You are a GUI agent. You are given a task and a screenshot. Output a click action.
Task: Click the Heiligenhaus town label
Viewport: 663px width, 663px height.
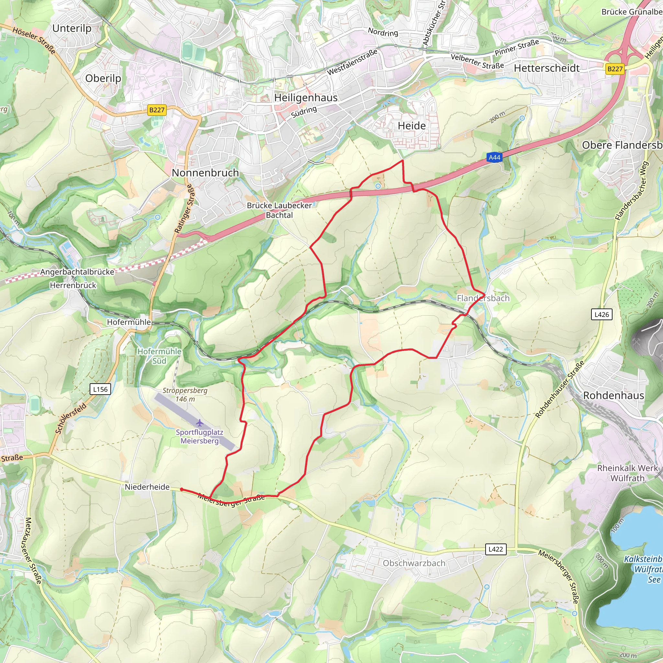306,98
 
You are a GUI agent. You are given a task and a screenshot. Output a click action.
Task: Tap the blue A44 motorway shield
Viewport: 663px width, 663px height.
494,158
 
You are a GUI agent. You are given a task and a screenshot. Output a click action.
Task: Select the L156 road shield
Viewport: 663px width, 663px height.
100,389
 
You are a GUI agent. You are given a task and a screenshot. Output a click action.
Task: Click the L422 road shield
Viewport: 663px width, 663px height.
496,549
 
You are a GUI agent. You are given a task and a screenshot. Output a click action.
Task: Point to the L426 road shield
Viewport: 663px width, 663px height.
601,314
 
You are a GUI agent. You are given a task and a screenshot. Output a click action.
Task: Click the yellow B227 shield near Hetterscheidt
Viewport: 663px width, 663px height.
615,69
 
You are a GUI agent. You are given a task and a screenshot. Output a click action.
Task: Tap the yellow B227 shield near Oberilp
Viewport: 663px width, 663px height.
157,110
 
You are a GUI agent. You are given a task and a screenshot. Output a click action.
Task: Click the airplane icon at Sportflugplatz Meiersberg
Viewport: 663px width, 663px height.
200,422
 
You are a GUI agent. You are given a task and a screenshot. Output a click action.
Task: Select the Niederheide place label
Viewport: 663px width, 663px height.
147,487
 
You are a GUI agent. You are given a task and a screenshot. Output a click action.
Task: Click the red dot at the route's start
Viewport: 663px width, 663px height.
182,489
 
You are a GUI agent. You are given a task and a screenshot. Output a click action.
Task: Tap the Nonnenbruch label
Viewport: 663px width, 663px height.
205,173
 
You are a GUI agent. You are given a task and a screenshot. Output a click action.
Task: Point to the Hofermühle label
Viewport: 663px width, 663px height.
129,322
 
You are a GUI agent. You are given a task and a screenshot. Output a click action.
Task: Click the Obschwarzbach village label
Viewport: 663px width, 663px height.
414,563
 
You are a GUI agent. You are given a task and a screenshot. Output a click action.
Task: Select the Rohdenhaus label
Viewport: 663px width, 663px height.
613,395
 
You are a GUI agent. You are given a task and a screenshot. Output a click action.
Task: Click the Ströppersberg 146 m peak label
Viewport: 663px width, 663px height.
185,395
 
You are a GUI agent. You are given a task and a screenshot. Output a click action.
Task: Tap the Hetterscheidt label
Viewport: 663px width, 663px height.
547,68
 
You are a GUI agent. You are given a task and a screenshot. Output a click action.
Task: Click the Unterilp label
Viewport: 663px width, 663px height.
72,28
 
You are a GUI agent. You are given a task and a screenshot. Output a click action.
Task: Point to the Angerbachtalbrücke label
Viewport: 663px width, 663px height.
77,272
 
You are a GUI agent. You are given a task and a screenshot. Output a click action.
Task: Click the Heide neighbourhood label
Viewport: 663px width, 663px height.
411,126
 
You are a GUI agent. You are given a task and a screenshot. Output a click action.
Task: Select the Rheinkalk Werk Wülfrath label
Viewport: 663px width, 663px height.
627,473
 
